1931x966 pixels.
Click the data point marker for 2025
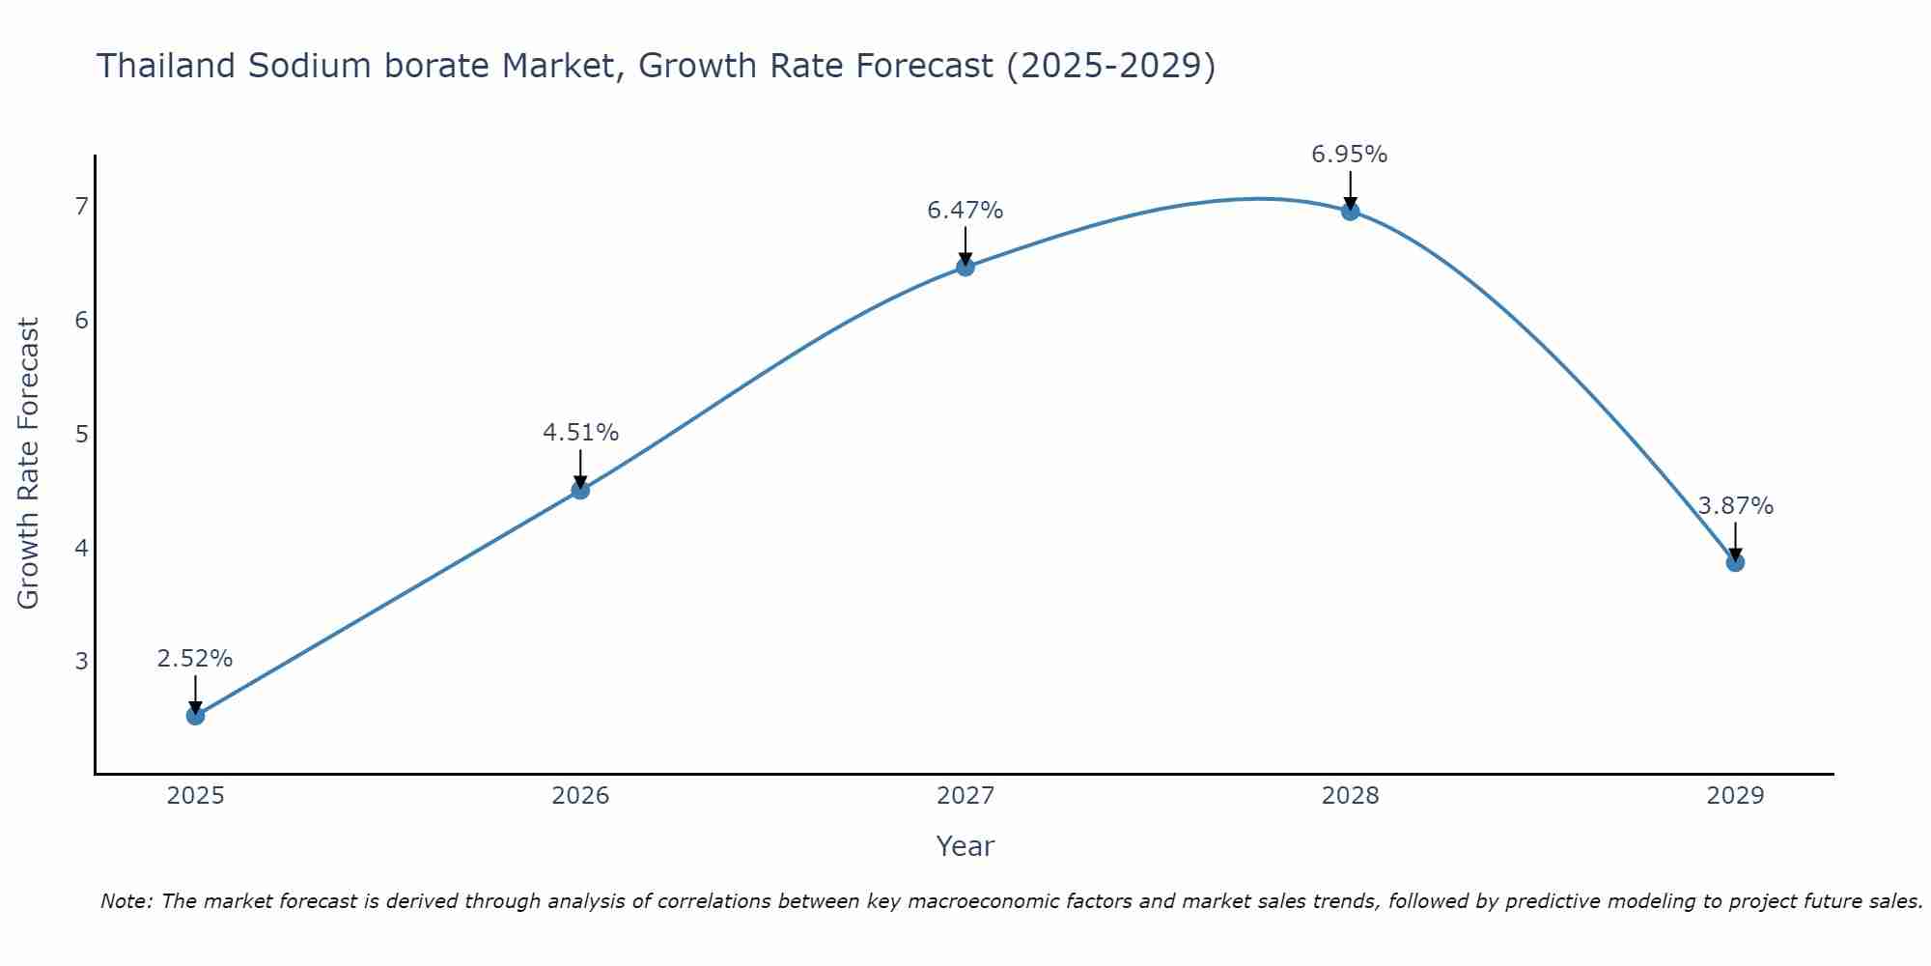pos(195,716)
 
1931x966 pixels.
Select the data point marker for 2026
pos(580,490)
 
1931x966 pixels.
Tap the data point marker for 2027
pos(965,267)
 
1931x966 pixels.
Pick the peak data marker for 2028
pos(1351,212)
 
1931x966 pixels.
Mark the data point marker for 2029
pos(1735,562)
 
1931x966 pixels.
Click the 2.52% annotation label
pos(195,659)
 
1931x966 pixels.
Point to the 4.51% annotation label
pos(580,433)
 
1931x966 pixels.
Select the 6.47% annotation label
pos(965,210)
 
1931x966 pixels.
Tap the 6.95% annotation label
pos(1350,155)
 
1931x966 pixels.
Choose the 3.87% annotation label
pos(1735,506)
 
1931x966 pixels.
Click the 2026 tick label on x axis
pos(580,796)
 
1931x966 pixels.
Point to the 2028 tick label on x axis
pos(1351,796)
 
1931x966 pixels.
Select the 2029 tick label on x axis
pos(1735,796)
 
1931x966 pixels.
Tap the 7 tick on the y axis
pos(81,206)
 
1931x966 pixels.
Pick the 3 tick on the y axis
pos(81,661)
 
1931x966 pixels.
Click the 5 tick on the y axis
pos(81,434)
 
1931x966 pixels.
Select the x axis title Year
pos(965,846)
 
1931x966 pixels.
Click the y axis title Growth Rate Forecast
pos(29,464)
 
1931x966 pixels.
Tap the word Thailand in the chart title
pos(166,66)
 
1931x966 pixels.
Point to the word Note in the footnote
pos(126,901)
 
